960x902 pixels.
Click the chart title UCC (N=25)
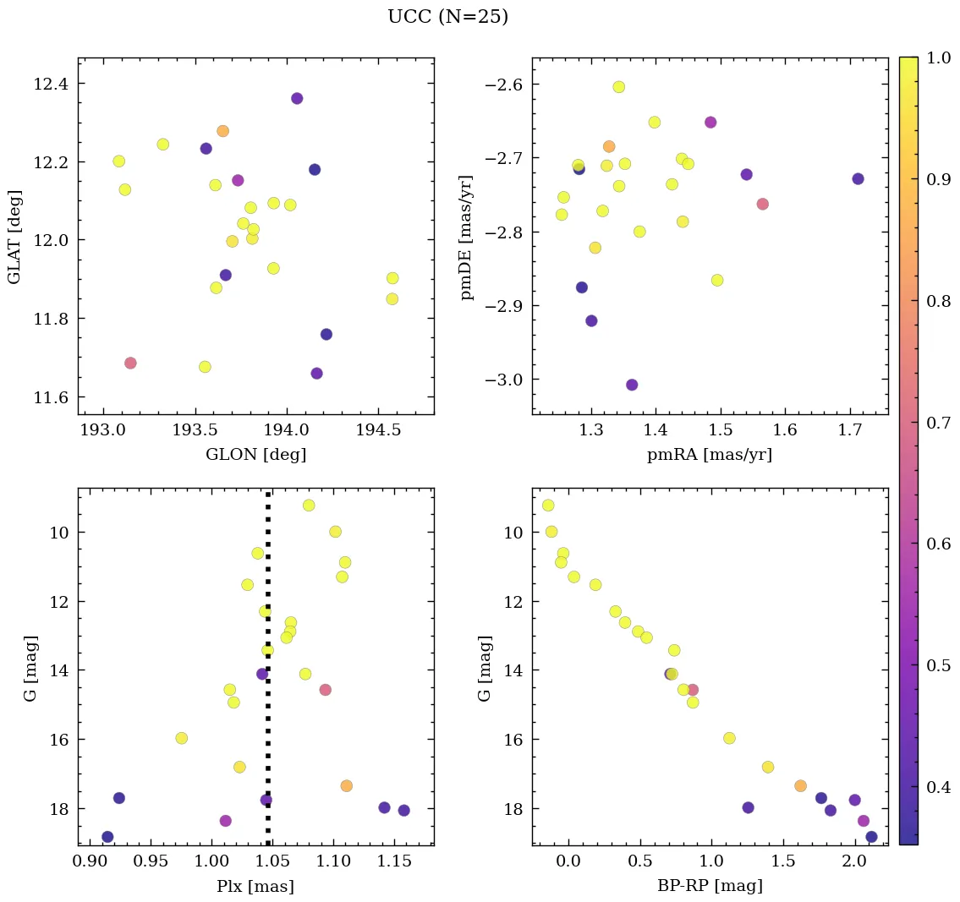tap(447, 17)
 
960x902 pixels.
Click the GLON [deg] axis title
tap(255, 455)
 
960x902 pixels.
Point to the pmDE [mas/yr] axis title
tap(467, 237)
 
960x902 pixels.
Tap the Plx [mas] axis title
tap(255, 887)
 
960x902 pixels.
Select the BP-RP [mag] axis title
tap(710, 887)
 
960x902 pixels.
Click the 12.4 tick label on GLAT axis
tap(52, 84)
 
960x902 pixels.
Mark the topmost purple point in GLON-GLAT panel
tap(297, 98)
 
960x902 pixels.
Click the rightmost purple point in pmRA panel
tap(858, 178)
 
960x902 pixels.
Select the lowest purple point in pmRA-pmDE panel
tap(632, 385)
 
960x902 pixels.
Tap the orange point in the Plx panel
tap(346, 785)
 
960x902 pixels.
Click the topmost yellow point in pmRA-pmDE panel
tap(619, 87)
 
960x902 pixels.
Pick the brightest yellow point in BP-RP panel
tap(548, 506)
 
